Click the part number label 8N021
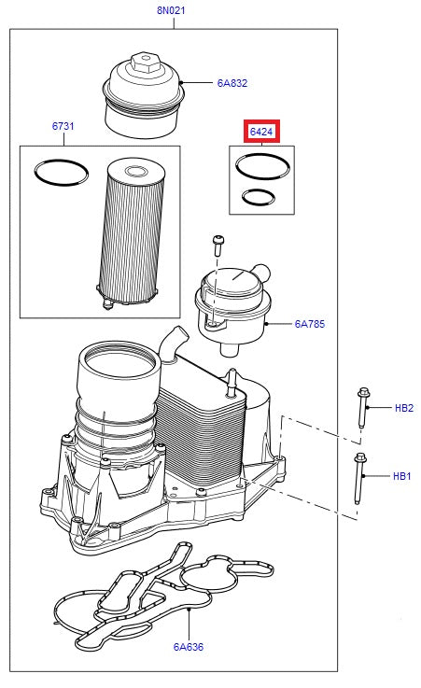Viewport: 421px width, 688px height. point(172,11)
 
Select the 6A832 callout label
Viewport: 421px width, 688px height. point(232,83)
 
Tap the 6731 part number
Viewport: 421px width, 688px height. point(64,126)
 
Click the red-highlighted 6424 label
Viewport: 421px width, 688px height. point(261,133)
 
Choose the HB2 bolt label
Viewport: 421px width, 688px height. point(403,408)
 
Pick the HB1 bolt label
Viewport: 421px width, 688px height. point(402,476)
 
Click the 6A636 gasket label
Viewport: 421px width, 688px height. point(188,646)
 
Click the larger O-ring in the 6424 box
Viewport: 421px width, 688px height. point(262,166)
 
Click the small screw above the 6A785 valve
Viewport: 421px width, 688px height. point(217,245)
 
